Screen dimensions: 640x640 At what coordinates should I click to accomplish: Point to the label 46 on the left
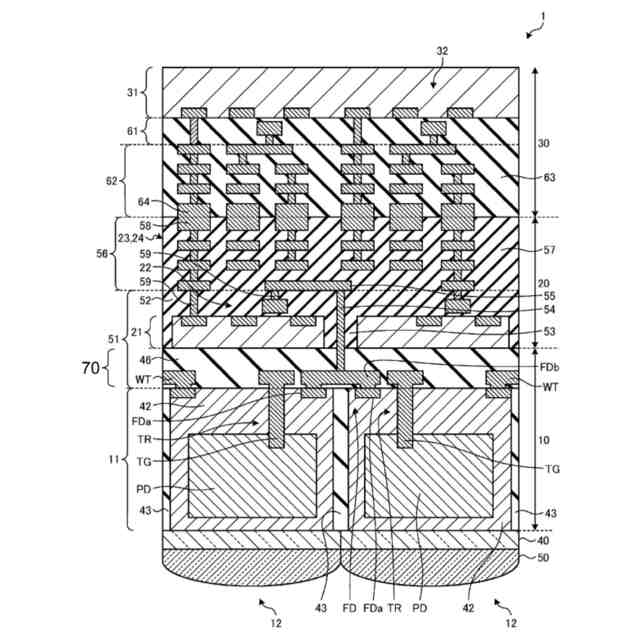(x=146, y=358)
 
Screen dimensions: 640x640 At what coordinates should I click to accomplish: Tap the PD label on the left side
(x=144, y=489)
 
